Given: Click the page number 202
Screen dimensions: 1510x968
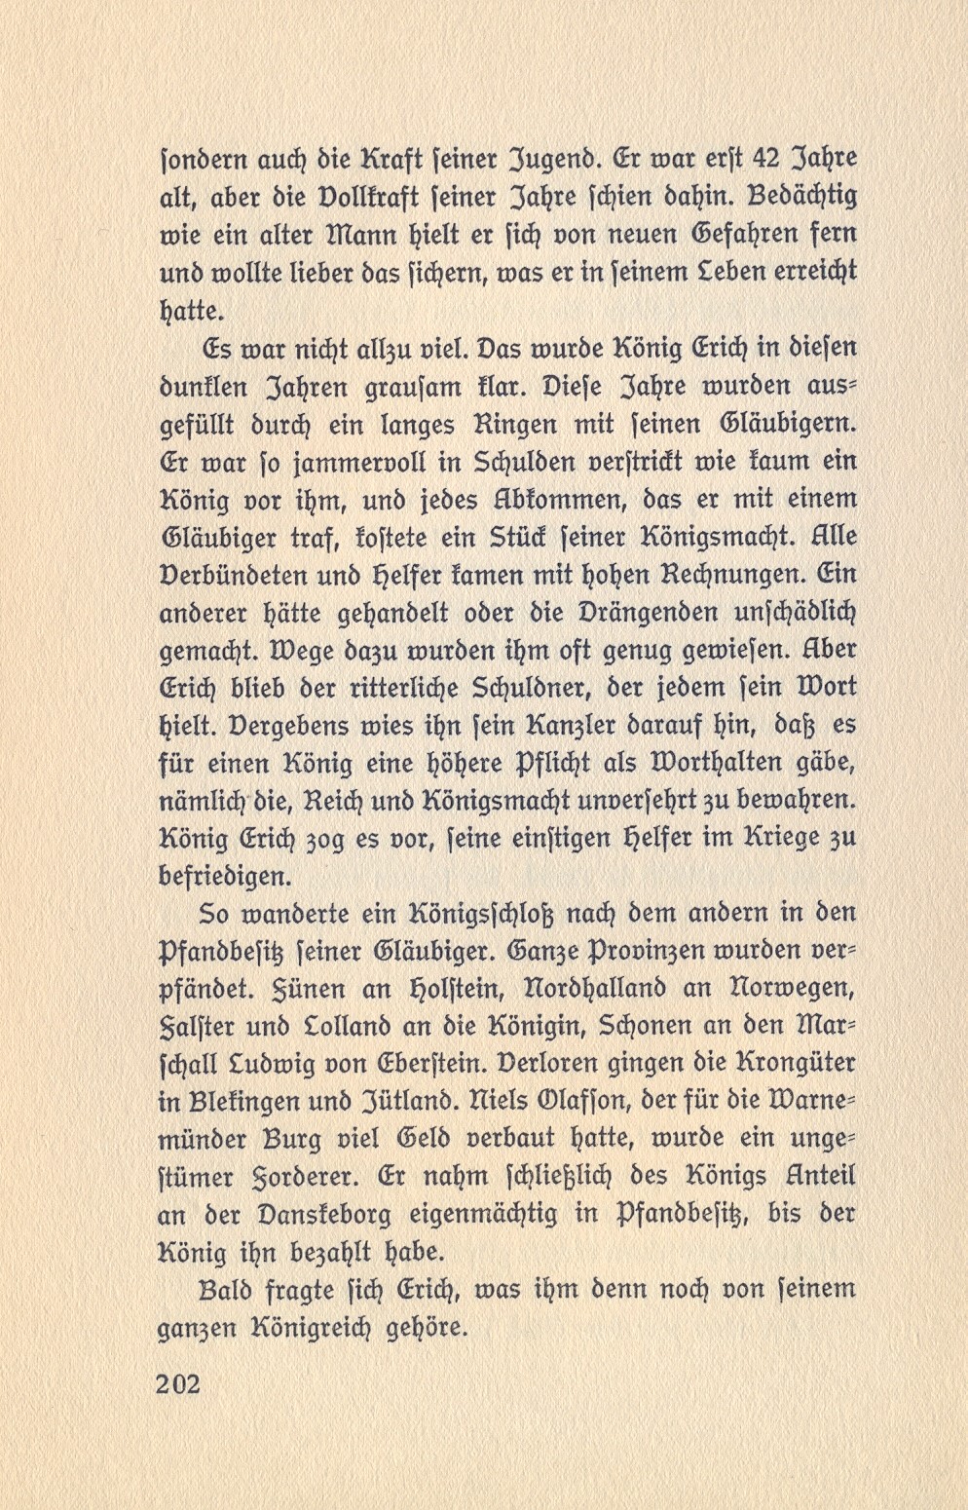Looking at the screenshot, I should [177, 1383].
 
